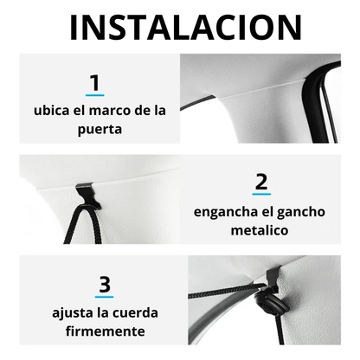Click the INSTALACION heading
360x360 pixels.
[x=186, y=27]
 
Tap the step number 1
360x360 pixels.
[x=95, y=83]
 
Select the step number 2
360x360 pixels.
[x=261, y=182]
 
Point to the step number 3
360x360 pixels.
[x=105, y=284]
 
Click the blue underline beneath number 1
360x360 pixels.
[x=95, y=95]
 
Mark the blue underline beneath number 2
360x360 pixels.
[x=261, y=194]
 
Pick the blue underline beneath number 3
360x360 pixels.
[x=105, y=296]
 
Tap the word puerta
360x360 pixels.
[x=100, y=130]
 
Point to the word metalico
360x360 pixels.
[x=260, y=230]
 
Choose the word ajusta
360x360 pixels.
[x=73, y=313]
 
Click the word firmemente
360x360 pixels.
[x=105, y=331]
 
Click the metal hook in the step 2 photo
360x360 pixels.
[x=88, y=196]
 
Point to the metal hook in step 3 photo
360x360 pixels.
[x=273, y=280]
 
